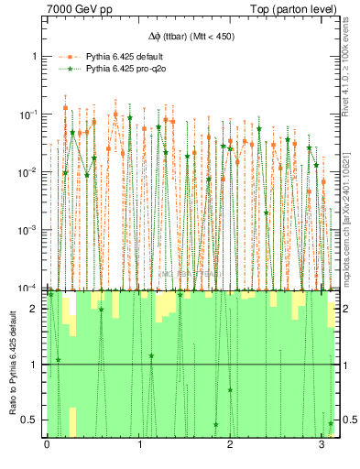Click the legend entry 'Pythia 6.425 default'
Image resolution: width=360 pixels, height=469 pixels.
[124, 56]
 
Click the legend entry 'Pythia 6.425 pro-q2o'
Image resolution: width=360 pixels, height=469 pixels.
[125, 68]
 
